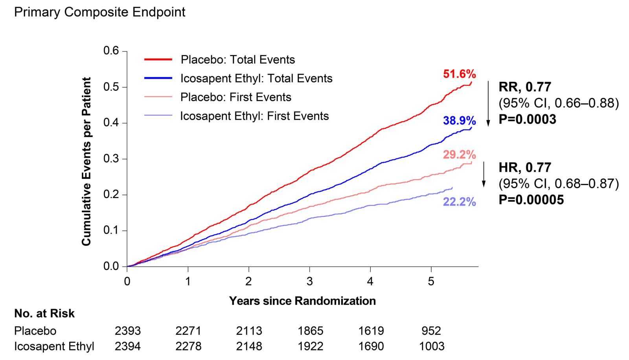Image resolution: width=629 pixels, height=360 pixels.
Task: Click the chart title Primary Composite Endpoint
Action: pos(99,12)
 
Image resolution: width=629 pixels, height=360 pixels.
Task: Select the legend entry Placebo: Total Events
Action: pos(237,60)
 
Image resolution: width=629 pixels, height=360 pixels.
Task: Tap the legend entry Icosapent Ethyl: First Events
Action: pos(254,116)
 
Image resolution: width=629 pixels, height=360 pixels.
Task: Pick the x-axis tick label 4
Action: pos(370,281)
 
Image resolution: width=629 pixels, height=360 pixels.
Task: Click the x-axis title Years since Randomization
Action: pos(302,301)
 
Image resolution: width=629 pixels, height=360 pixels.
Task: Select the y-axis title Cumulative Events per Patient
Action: pos(86,162)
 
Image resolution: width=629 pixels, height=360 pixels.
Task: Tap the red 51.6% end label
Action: pos(459,74)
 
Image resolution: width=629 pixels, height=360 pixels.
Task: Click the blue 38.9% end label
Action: pos(459,121)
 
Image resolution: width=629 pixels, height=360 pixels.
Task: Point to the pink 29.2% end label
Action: pos(459,155)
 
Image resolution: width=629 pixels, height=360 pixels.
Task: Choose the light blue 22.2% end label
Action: pos(459,202)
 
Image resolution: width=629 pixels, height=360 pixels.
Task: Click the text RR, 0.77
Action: pos(525,87)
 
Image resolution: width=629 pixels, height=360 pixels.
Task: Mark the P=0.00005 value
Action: pos(531,200)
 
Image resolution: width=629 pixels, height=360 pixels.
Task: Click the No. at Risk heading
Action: pos(44,314)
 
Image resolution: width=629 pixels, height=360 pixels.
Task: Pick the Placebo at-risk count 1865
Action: pos(310,331)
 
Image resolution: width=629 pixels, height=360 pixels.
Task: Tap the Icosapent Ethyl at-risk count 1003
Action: pos(431,346)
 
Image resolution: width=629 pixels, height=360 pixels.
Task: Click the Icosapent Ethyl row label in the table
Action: pos(54,346)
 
